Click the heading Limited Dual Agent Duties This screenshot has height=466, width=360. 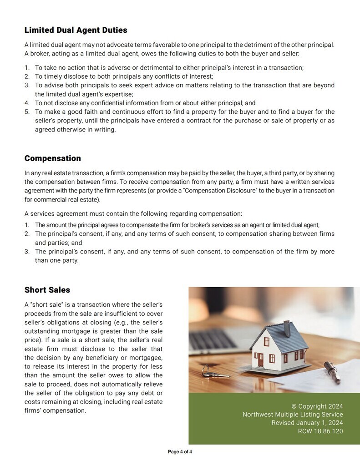[x=76, y=30]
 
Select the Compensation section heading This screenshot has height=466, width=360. [x=52, y=158]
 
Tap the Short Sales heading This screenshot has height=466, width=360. [x=47, y=290]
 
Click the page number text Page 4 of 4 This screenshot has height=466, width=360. [x=180, y=452]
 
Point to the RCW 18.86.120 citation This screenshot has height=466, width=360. [x=320, y=431]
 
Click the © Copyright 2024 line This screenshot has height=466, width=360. [x=317, y=406]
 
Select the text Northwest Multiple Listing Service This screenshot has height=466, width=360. [x=293, y=415]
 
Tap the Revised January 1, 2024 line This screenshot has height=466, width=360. [x=307, y=423]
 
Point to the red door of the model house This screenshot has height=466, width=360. [x=261, y=360]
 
